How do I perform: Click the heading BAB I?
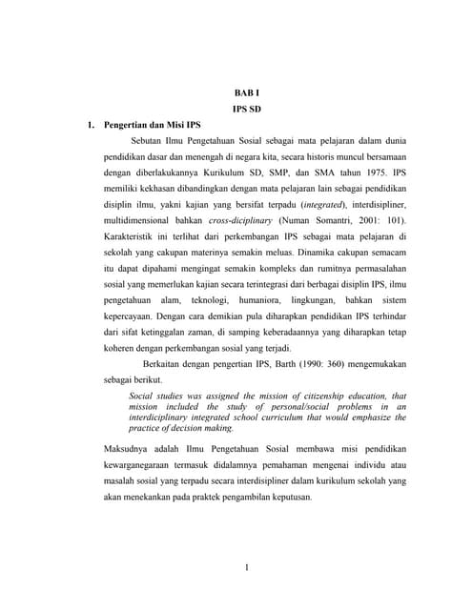tap(245, 91)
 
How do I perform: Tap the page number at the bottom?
tap(246, 570)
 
